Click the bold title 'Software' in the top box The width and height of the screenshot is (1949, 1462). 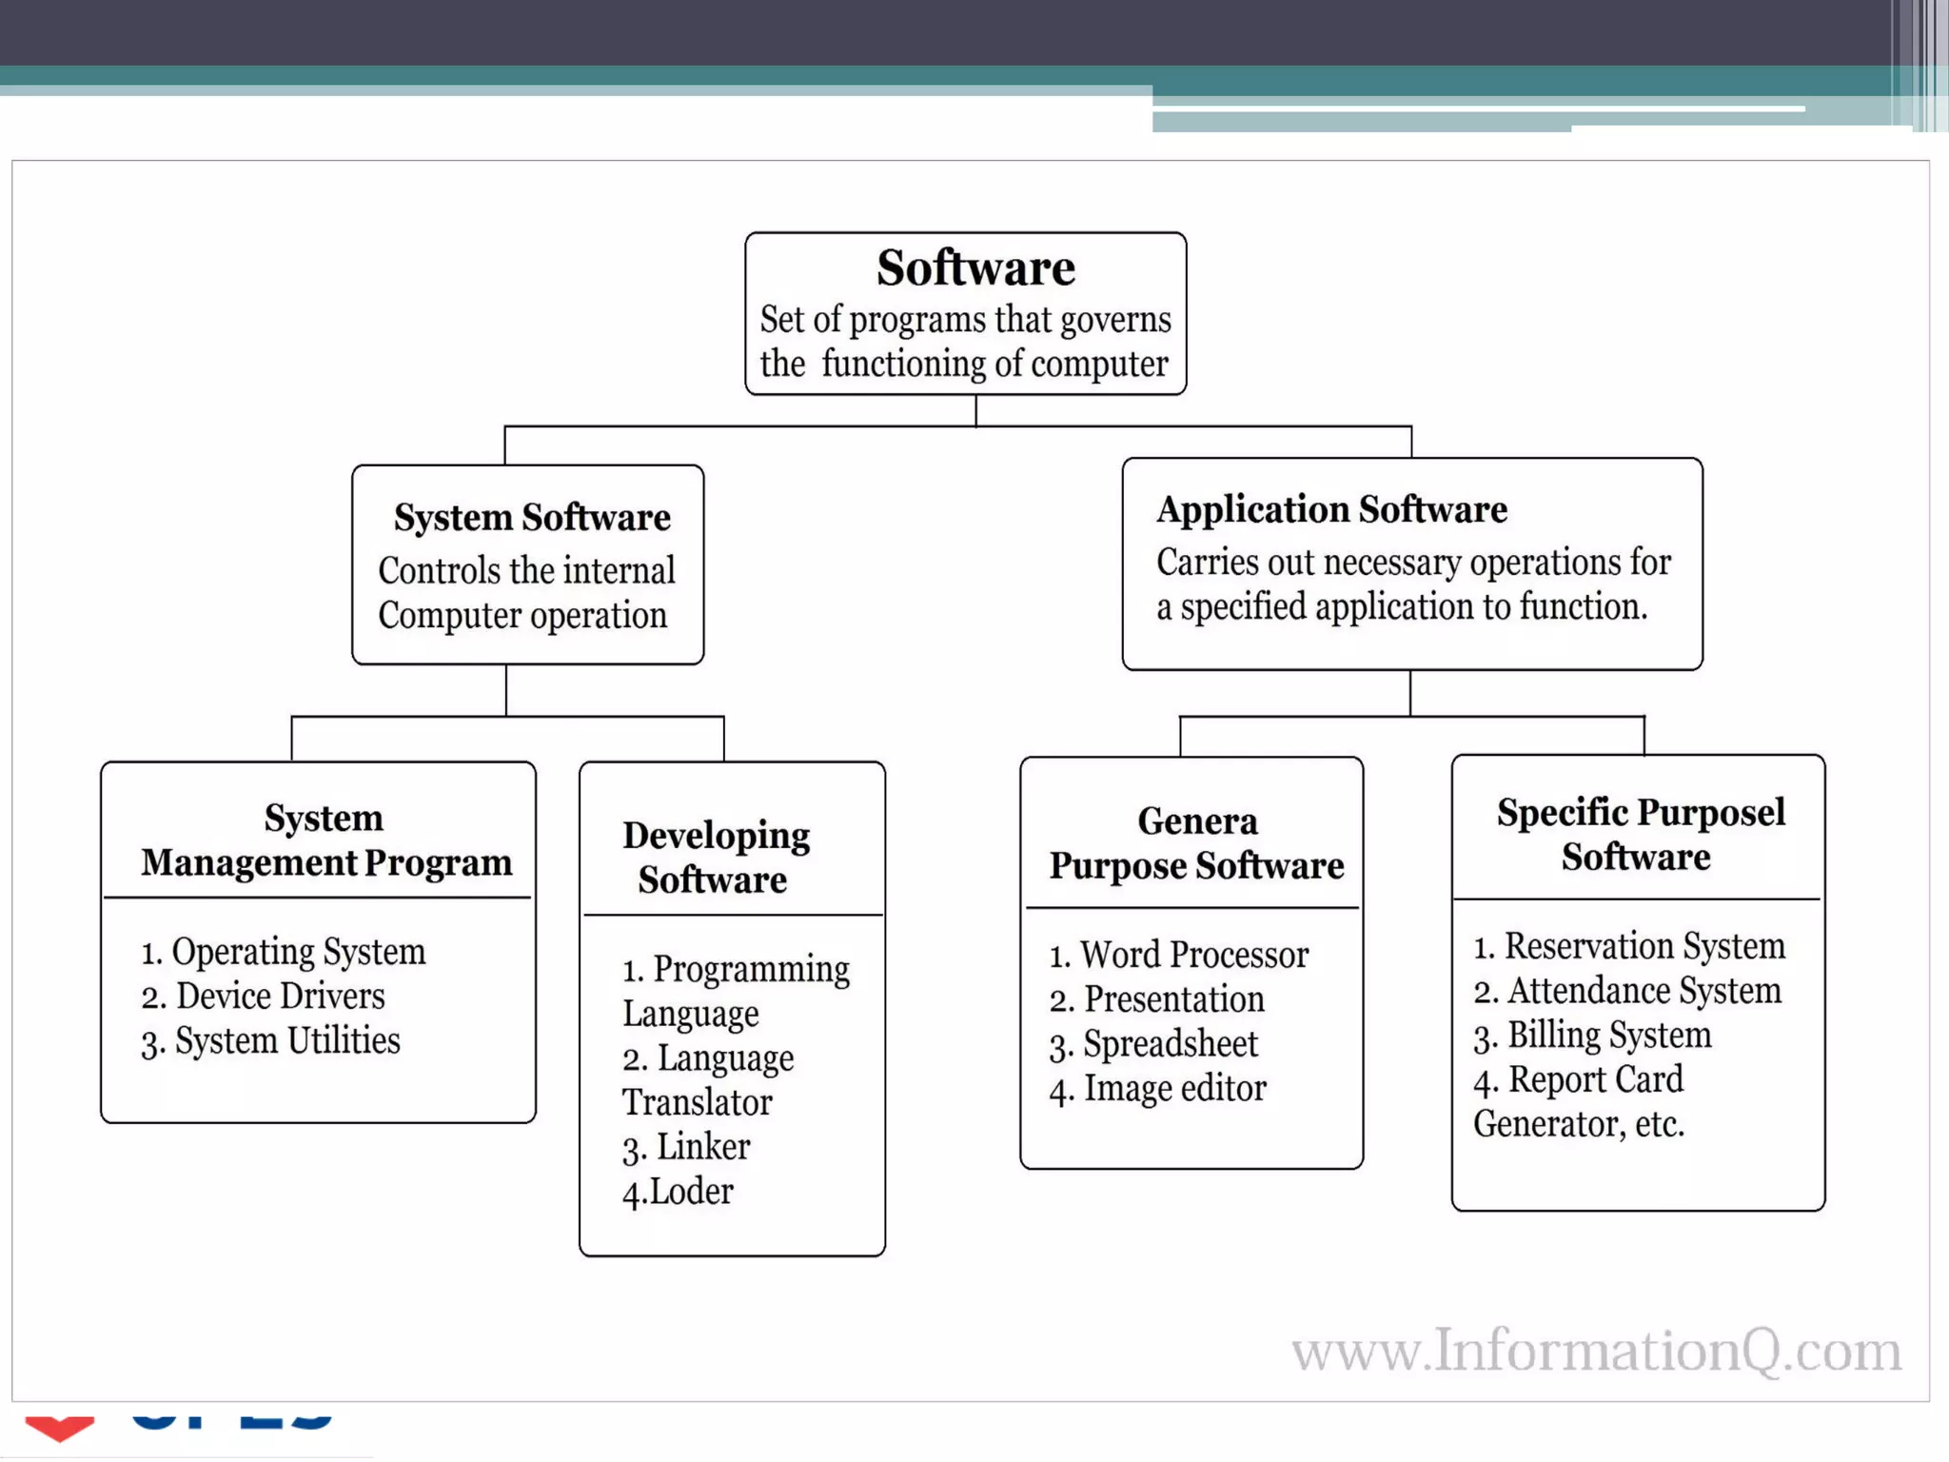tap(975, 268)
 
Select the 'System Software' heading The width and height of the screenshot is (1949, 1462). tap(532, 518)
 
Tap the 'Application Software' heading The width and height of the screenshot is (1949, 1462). tap(1331, 510)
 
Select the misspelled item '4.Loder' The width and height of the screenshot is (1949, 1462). tap(678, 1192)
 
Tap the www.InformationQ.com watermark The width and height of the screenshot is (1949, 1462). tap(1596, 1351)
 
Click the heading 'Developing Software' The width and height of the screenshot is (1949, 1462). tap(716, 857)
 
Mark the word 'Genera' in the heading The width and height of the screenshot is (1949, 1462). tap(1197, 820)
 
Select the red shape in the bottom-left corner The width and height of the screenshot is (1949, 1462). tap(59, 1427)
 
